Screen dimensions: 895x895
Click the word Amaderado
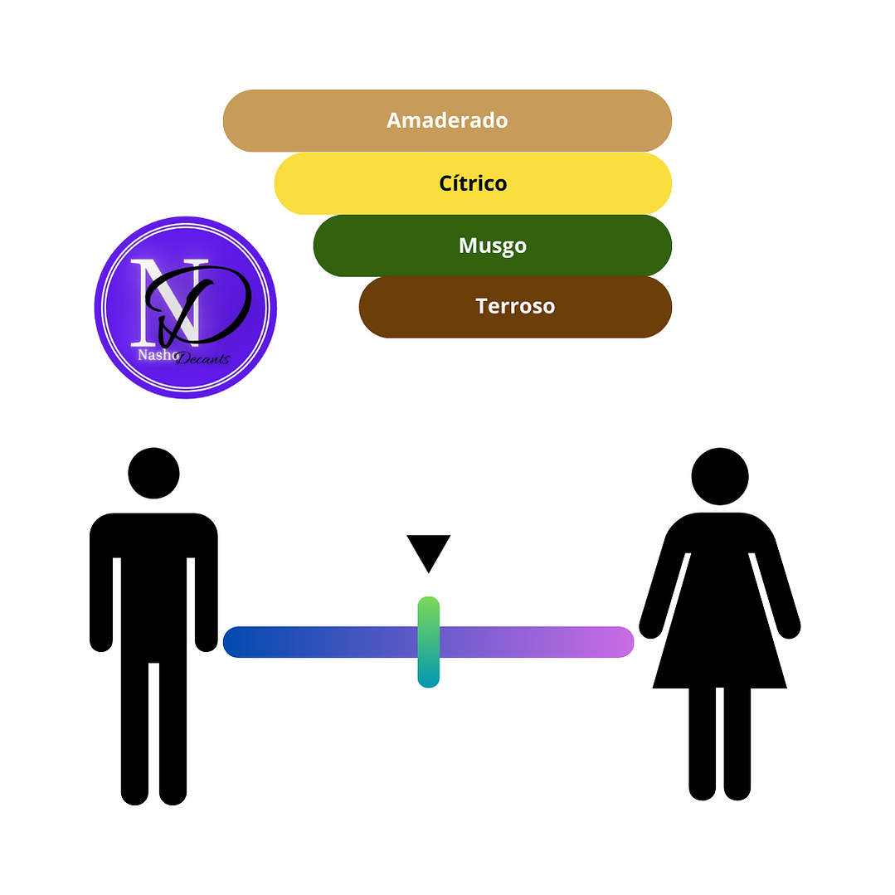click(x=447, y=120)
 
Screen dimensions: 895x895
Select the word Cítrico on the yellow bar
click(x=473, y=183)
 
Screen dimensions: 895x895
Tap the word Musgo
click(x=493, y=246)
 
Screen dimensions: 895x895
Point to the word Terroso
click(x=515, y=307)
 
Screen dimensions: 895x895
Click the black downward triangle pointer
click(x=428, y=550)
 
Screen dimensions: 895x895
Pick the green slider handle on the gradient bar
click(x=428, y=642)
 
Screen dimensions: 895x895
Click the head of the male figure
click(x=153, y=473)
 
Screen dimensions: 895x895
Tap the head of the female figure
click(x=720, y=476)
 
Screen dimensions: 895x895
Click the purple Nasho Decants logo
click(x=185, y=308)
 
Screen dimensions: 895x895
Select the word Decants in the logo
click(x=202, y=358)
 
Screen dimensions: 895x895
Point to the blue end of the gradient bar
click(x=241, y=642)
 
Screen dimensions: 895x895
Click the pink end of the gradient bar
click(x=617, y=642)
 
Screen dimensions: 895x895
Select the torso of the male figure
click(x=153, y=581)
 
